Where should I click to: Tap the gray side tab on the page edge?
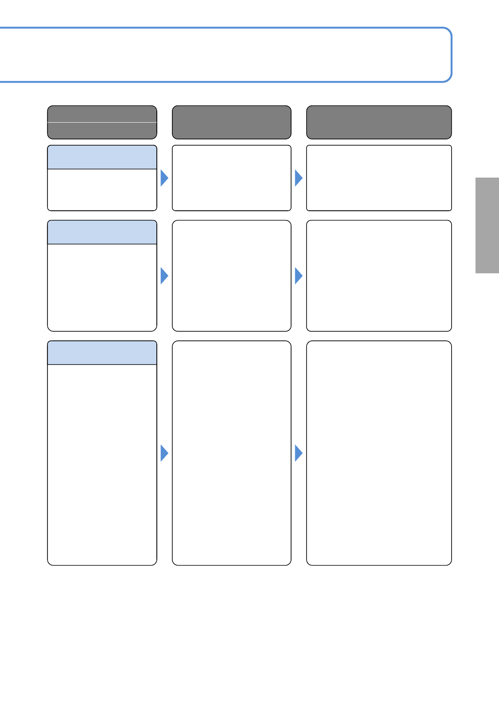tap(487, 225)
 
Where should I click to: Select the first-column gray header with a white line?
tap(102, 122)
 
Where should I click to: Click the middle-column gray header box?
tap(231, 122)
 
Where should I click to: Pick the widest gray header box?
tap(379, 122)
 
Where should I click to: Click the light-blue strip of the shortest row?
tap(102, 157)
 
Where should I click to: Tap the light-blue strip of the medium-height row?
tap(102, 232)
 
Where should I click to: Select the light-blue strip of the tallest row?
tap(102, 353)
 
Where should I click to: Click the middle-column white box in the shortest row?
tap(231, 178)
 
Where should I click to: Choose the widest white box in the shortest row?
tap(379, 178)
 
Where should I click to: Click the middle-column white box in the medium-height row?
tap(231, 276)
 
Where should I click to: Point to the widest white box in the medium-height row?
tap(379, 276)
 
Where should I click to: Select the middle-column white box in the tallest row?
tap(231, 453)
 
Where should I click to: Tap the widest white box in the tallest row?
tap(379, 453)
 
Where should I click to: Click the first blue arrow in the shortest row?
tap(164, 178)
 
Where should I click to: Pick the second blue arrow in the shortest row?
tap(298, 178)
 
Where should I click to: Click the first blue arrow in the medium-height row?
tap(164, 276)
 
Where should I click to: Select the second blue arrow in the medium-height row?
tap(298, 276)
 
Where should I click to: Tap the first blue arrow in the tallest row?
tap(164, 453)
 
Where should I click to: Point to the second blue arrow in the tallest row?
tap(298, 453)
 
